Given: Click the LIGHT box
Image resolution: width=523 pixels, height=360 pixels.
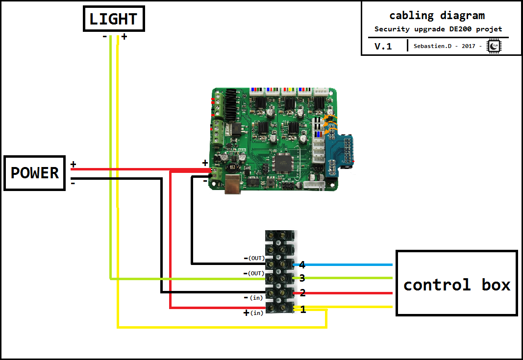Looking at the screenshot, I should coord(113,19).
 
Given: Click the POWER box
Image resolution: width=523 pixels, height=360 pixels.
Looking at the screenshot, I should coord(35,173).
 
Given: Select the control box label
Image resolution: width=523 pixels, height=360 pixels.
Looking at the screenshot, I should coord(456,284).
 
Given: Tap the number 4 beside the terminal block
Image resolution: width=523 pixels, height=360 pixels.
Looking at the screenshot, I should coord(302,265).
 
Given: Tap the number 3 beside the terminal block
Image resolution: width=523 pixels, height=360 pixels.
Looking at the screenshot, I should coord(302,278).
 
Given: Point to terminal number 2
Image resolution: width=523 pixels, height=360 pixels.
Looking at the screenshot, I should coord(302,293).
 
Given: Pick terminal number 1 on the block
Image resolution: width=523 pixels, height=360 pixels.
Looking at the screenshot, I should coord(303,309).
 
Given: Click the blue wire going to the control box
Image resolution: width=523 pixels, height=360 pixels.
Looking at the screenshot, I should coord(348,264).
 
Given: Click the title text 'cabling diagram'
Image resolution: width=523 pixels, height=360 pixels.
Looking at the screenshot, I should coord(437,15).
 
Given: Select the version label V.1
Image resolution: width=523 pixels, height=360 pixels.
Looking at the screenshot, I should coord(383,47).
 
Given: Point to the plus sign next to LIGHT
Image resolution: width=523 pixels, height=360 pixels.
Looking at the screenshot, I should coord(124,37).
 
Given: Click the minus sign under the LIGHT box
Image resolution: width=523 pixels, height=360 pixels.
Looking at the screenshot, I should coord(105,37).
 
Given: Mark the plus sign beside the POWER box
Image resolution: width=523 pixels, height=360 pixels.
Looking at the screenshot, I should coord(73,165).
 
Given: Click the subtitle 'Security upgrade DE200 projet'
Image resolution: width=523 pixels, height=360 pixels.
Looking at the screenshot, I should coord(438,29).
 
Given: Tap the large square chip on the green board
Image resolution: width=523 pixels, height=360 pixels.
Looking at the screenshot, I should coord(283,163).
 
